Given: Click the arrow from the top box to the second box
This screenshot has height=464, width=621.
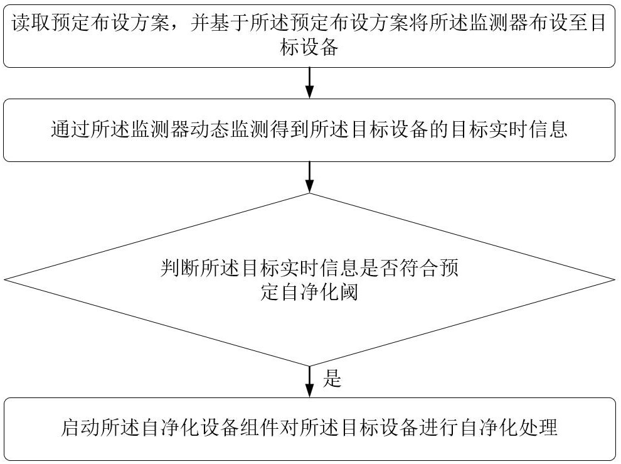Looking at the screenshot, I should tap(309, 83).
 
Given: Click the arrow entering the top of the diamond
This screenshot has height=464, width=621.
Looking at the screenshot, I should tap(309, 178).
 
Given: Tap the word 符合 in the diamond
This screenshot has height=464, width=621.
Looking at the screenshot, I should tap(422, 269).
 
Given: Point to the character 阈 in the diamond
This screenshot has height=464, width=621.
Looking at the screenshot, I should tap(349, 292).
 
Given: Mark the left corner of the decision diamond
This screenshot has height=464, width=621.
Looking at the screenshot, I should tap(5, 279).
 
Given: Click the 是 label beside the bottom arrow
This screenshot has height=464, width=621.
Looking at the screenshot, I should tap(332, 378).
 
